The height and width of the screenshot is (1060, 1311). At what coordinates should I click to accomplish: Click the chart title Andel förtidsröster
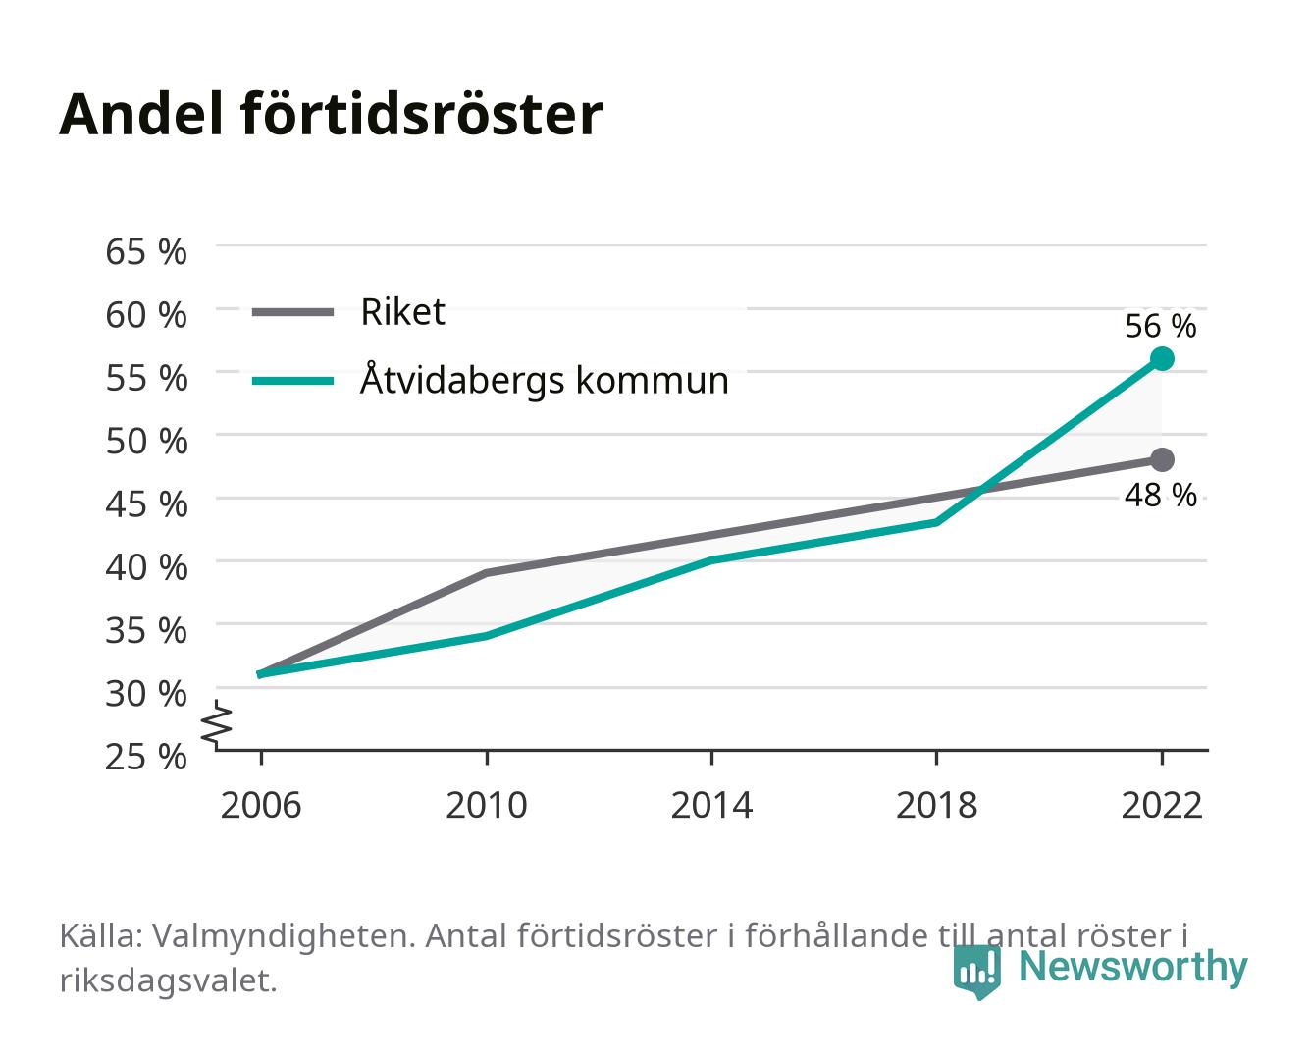coord(331,115)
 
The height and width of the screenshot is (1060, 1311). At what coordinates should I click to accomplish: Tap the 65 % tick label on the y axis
coord(146,252)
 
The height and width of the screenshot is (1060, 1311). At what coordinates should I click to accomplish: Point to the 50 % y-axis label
coord(146,441)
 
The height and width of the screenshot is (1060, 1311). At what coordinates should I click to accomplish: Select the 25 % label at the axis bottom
coord(146,757)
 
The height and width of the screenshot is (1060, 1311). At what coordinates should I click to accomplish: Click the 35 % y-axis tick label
coord(146,630)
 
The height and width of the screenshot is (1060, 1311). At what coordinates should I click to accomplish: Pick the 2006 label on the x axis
coord(261,805)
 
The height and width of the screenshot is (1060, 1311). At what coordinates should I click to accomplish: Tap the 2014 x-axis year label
coord(711,805)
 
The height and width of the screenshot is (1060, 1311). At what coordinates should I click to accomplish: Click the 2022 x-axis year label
coord(1162,805)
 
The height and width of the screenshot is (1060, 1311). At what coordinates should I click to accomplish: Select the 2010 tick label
coord(487,805)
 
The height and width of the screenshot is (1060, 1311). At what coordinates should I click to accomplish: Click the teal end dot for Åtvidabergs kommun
coord(1162,358)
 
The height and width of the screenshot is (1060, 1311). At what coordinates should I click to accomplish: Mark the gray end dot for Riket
coord(1162,459)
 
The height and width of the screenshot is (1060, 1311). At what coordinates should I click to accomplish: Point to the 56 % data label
coord(1161,326)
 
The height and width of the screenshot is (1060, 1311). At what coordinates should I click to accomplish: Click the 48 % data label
coord(1161,495)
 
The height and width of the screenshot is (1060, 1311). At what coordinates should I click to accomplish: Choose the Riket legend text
coord(402,311)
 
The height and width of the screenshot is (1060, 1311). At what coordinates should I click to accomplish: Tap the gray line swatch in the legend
coord(293,313)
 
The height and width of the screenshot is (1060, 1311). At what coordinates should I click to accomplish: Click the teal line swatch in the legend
coord(293,381)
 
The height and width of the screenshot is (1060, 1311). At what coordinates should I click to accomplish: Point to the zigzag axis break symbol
coord(217,724)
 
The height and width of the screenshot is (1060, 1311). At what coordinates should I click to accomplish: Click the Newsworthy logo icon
coord(976,972)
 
